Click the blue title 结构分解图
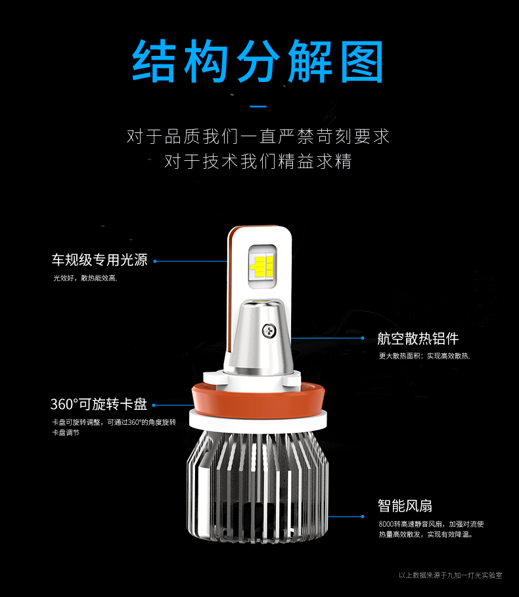point(258,61)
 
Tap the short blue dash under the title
point(258,106)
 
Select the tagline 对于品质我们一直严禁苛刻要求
point(258,137)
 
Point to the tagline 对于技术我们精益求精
point(258,161)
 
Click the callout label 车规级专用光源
point(99,260)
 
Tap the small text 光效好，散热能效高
point(85,278)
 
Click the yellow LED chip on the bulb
point(262,266)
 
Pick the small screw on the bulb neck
point(269,330)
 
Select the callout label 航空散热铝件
point(418,338)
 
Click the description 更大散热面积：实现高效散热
point(424,356)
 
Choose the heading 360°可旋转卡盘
point(99,405)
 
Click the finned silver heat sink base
point(258,487)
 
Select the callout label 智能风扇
point(405,506)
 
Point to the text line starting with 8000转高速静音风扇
point(431,524)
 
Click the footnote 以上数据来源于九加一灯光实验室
point(451,575)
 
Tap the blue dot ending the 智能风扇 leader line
point(363,517)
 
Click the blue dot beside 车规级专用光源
point(155,261)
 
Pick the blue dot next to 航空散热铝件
point(363,338)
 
